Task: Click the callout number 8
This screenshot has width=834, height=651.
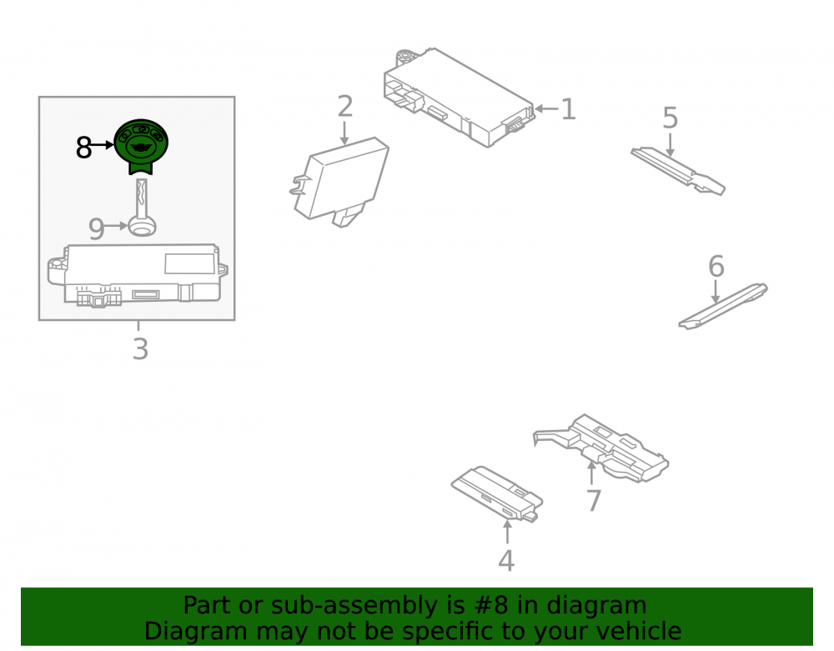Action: [83, 148]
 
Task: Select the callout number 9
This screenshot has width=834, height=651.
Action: [96, 229]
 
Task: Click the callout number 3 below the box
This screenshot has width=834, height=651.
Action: [140, 349]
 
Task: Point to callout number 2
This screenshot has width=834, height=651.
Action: [345, 107]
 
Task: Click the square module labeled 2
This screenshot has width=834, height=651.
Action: [339, 182]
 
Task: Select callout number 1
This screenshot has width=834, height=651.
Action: [569, 109]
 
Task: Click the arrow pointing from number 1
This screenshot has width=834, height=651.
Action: [547, 109]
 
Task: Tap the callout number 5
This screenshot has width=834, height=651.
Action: [671, 118]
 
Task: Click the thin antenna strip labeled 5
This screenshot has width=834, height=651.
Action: [678, 171]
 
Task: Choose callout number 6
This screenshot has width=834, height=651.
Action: [716, 266]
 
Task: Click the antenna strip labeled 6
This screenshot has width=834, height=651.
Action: [723, 307]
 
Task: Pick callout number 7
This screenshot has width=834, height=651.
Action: [594, 501]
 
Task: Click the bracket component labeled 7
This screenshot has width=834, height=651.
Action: [601, 448]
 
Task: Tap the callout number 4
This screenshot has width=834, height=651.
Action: [506, 561]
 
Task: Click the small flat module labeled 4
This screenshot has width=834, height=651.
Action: [497, 493]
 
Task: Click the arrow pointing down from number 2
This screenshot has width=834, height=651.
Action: [344, 133]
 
